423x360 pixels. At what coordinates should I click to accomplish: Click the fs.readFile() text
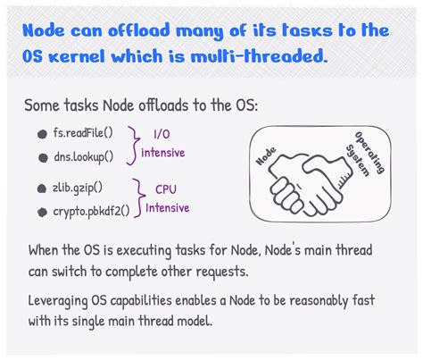click(x=83, y=133)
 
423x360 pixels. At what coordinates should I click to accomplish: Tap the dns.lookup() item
click(x=84, y=157)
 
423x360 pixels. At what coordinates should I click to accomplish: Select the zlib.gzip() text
click(x=78, y=188)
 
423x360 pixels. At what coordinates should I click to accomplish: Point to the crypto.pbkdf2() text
click(x=91, y=212)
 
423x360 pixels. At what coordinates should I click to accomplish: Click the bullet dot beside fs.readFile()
click(x=43, y=134)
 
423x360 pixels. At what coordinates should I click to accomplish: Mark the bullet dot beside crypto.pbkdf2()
click(x=42, y=213)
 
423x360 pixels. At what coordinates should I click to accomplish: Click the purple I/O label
click(x=162, y=134)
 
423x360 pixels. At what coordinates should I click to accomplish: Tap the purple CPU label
click(x=166, y=189)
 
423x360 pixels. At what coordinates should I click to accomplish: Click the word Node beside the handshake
click(x=266, y=155)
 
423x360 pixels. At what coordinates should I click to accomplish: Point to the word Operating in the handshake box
click(x=369, y=152)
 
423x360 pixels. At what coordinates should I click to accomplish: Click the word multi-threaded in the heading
click(x=259, y=56)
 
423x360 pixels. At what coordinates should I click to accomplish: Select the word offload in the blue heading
click(x=138, y=30)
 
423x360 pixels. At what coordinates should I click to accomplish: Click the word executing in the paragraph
click(x=144, y=250)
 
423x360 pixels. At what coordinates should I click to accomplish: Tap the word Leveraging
click(x=58, y=301)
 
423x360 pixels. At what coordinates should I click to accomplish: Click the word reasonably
click(x=319, y=301)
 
